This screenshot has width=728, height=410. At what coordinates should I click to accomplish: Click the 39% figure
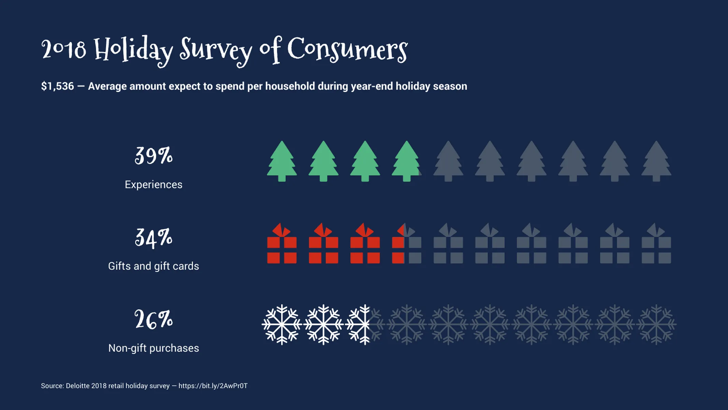point(154,156)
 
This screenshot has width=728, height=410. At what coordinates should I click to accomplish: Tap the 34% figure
point(154,238)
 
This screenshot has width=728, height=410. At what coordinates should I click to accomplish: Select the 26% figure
point(154,320)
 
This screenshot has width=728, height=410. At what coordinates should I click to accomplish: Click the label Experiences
point(154,184)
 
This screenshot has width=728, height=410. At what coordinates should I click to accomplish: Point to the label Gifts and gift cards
point(154,266)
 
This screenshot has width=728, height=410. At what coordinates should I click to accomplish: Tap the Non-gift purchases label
point(154,348)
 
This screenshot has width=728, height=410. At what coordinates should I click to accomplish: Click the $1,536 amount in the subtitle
point(57,86)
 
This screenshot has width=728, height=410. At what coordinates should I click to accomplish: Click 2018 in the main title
point(64,50)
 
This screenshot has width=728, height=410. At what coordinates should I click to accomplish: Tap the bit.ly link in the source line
point(213,386)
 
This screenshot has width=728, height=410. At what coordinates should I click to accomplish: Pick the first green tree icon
point(282,161)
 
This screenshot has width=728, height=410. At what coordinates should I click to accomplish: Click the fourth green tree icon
point(406,161)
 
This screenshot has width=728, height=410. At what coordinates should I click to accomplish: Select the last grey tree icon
point(656,161)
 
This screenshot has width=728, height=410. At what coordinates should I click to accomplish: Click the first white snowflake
point(282,325)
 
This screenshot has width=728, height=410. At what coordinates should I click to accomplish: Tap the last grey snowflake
point(656,325)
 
